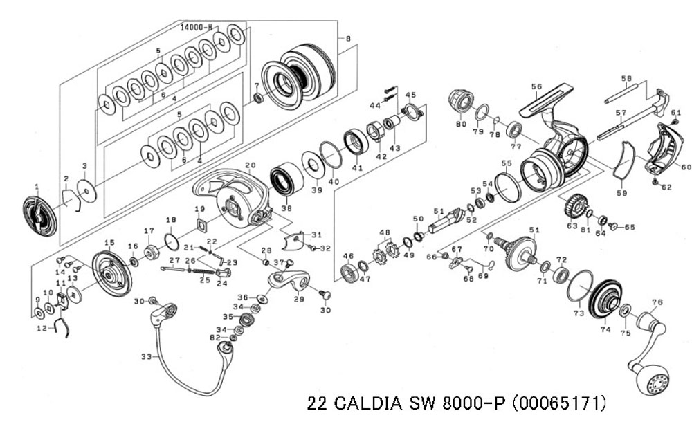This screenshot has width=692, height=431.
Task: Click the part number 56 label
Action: coord(536,86)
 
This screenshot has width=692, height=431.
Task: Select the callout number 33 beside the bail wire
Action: coord(145,357)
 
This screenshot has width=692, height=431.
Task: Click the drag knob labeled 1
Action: coord(39,216)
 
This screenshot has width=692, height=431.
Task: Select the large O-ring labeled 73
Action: coord(579,286)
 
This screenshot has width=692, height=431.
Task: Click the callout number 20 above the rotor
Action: coord(251,165)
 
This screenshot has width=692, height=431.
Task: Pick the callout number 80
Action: coord(461,125)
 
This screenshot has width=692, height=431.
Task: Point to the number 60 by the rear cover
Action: coord(686,167)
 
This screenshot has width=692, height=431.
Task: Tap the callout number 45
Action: coord(410,95)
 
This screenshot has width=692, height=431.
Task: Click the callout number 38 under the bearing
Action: coord(286,208)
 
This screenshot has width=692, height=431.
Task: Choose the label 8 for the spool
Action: coord(348,39)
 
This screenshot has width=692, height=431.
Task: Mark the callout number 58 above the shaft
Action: coord(627,79)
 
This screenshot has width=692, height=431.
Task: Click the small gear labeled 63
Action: coord(575,206)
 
